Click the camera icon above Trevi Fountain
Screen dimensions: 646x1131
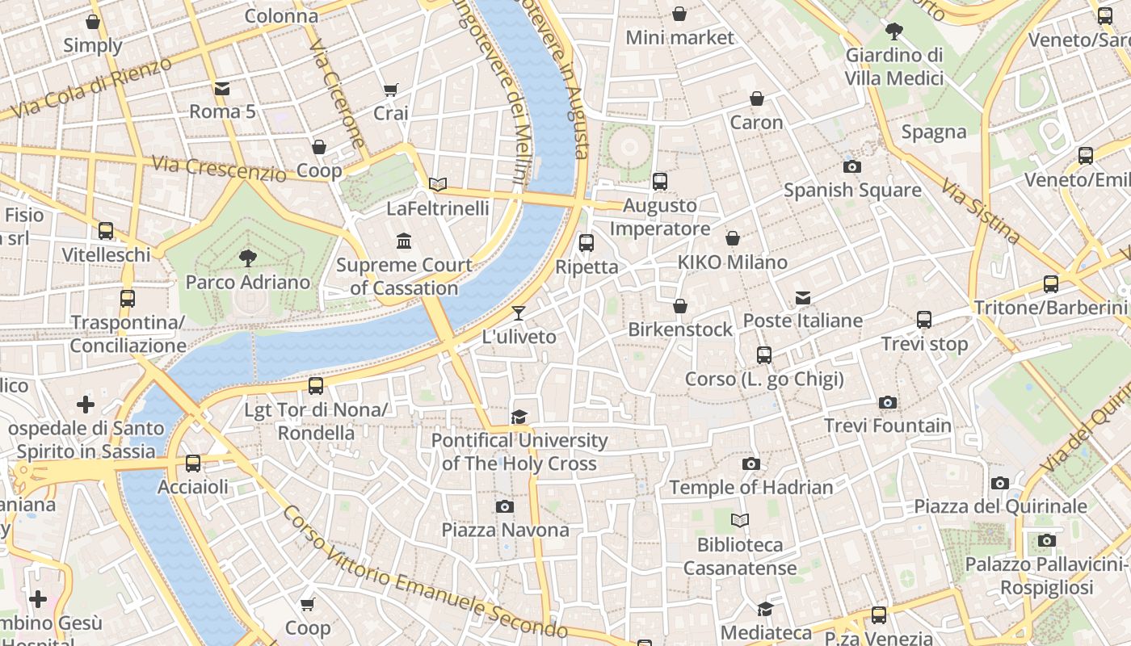point(887,402)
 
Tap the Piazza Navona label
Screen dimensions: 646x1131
point(505,530)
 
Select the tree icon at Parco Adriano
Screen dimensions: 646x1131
point(248,258)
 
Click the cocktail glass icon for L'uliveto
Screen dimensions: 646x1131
point(519,313)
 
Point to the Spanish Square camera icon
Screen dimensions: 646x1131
point(851,167)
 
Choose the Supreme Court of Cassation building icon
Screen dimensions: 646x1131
point(403,241)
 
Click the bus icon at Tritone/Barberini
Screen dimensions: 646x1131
point(1050,283)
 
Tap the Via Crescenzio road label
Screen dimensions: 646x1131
point(219,168)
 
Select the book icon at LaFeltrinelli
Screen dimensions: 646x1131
point(438,185)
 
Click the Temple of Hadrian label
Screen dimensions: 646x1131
point(750,487)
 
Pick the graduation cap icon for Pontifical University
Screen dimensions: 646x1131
point(519,417)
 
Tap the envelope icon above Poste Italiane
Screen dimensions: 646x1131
point(802,298)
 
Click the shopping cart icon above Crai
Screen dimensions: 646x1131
point(391,90)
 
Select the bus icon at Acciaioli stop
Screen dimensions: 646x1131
point(193,464)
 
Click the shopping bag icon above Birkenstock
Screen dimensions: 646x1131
point(680,306)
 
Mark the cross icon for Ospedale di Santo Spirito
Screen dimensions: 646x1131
point(86,404)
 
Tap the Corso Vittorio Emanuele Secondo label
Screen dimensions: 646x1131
point(426,572)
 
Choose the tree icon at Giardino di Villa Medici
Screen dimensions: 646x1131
point(893,31)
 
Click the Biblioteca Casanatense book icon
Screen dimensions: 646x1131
point(740,521)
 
